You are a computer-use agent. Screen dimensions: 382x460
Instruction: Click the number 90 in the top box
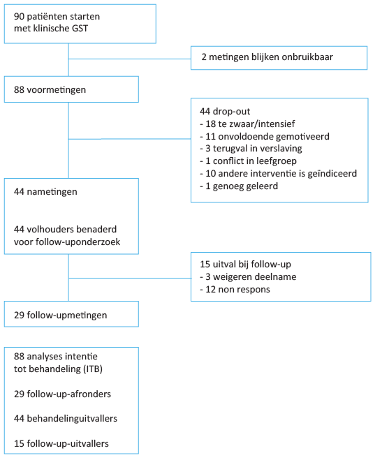[x=19, y=17]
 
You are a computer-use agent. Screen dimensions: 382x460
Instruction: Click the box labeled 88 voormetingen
[x=71, y=89]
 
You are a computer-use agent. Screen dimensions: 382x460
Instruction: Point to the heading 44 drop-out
[x=225, y=112]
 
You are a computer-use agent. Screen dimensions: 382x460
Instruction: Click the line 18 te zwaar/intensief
[x=247, y=124]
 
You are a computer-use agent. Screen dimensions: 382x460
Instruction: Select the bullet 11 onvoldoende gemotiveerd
[x=265, y=137]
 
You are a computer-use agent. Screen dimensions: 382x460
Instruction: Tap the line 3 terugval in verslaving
[x=251, y=149]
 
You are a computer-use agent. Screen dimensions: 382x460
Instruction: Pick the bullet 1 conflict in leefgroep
[x=248, y=161]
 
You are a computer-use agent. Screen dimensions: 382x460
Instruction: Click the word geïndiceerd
[x=332, y=174]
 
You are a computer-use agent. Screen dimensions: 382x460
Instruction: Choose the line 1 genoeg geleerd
[x=239, y=186]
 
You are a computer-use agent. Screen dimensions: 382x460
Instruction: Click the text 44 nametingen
[x=45, y=192]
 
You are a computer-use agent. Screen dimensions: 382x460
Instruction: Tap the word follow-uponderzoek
[x=78, y=242]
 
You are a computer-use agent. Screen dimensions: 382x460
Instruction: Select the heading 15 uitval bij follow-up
[x=245, y=265]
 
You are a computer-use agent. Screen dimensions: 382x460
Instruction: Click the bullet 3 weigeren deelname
[x=248, y=277]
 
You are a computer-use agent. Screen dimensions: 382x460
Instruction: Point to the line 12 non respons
[x=235, y=290]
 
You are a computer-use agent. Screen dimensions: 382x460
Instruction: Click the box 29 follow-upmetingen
[x=71, y=314]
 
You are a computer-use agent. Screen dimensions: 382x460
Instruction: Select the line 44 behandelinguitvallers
[x=66, y=419]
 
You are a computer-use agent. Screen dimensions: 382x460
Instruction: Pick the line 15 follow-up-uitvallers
[x=61, y=443]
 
